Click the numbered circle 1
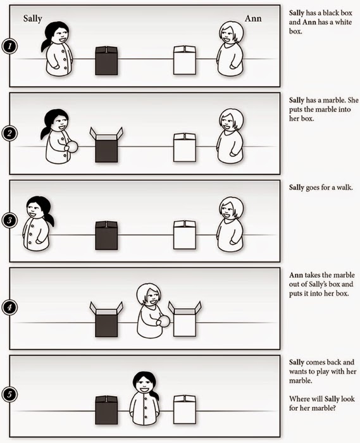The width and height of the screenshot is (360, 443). click(x=9, y=46)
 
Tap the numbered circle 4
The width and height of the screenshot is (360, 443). click(x=9, y=307)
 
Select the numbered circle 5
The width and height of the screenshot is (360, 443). click(x=9, y=394)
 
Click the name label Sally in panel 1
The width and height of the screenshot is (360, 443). click(x=32, y=19)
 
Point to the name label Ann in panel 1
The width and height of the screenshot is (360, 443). click(x=253, y=18)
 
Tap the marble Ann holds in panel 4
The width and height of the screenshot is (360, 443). click(x=164, y=321)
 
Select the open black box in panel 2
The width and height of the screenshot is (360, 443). click(x=106, y=145)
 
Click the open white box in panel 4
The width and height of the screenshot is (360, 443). click(x=185, y=319)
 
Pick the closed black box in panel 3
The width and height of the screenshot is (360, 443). click(x=106, y=235)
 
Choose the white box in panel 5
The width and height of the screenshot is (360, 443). click(x=185, y=409)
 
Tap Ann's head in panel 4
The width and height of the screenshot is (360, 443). click(x=149, y=295)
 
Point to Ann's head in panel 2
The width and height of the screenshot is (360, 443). click(x=231, y=120)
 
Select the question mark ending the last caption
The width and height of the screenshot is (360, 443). click(x=333, y=408)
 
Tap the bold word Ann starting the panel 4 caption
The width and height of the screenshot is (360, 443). click(x=296, y=275)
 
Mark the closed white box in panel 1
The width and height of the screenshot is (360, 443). click(x=185, y=60)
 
